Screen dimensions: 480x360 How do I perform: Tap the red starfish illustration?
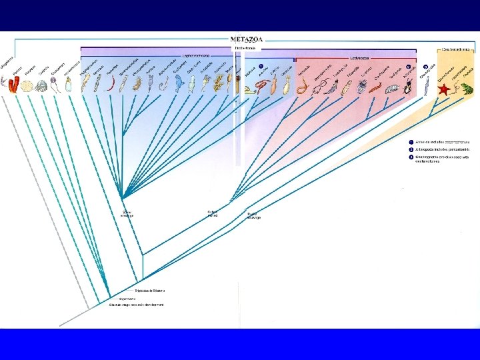click(443, 89)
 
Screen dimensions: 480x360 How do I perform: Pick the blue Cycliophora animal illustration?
click(179, 83)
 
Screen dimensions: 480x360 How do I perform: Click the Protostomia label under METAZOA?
click(245, 48)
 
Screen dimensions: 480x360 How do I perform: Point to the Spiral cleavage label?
click(127, 215)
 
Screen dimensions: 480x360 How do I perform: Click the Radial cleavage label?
click(254, 216)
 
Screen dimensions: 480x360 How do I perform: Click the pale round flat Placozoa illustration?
click(27, 85)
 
